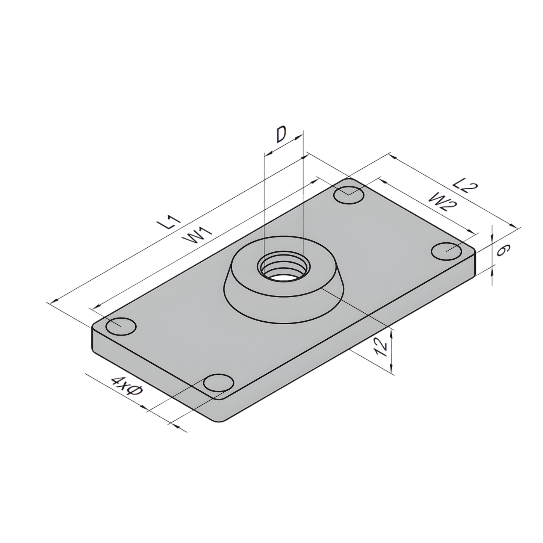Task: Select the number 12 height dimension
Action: point(381,346)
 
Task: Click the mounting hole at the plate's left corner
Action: point(121,326)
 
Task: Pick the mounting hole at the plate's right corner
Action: point(446,251)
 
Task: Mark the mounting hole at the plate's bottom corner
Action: point(218,383)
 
